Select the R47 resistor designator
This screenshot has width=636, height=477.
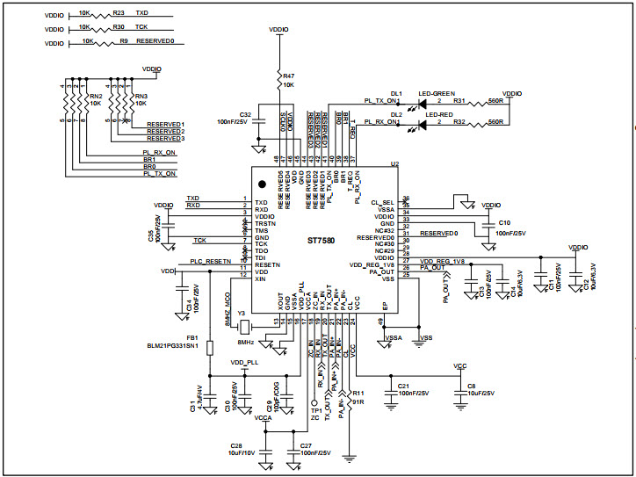288,77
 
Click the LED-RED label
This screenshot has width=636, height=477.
438,114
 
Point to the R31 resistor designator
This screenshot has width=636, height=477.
459,101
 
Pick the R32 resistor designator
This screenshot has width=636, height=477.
459,122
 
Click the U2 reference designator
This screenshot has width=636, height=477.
394,164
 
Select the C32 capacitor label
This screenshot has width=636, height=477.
245,114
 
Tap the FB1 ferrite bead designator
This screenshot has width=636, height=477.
192,337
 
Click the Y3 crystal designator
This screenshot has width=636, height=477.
242,313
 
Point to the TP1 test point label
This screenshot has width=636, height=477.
315,410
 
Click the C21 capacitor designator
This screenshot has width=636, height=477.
403,386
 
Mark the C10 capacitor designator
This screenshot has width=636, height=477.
503,223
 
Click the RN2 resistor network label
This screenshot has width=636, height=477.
96,96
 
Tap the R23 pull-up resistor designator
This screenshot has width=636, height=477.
119,14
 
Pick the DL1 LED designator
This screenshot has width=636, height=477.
396,93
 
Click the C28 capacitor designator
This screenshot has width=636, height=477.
235,446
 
